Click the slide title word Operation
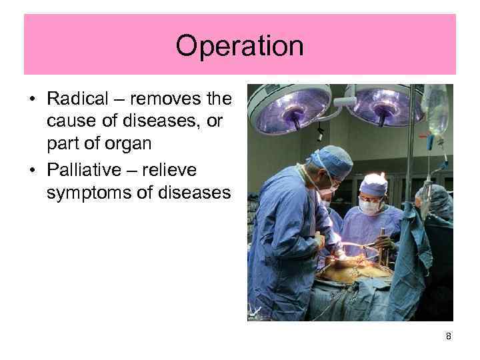(x=239, y=46)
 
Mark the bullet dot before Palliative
(x=32, y=171)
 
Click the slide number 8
(x=449, y=337)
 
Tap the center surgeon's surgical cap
(x=374, y=183)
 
